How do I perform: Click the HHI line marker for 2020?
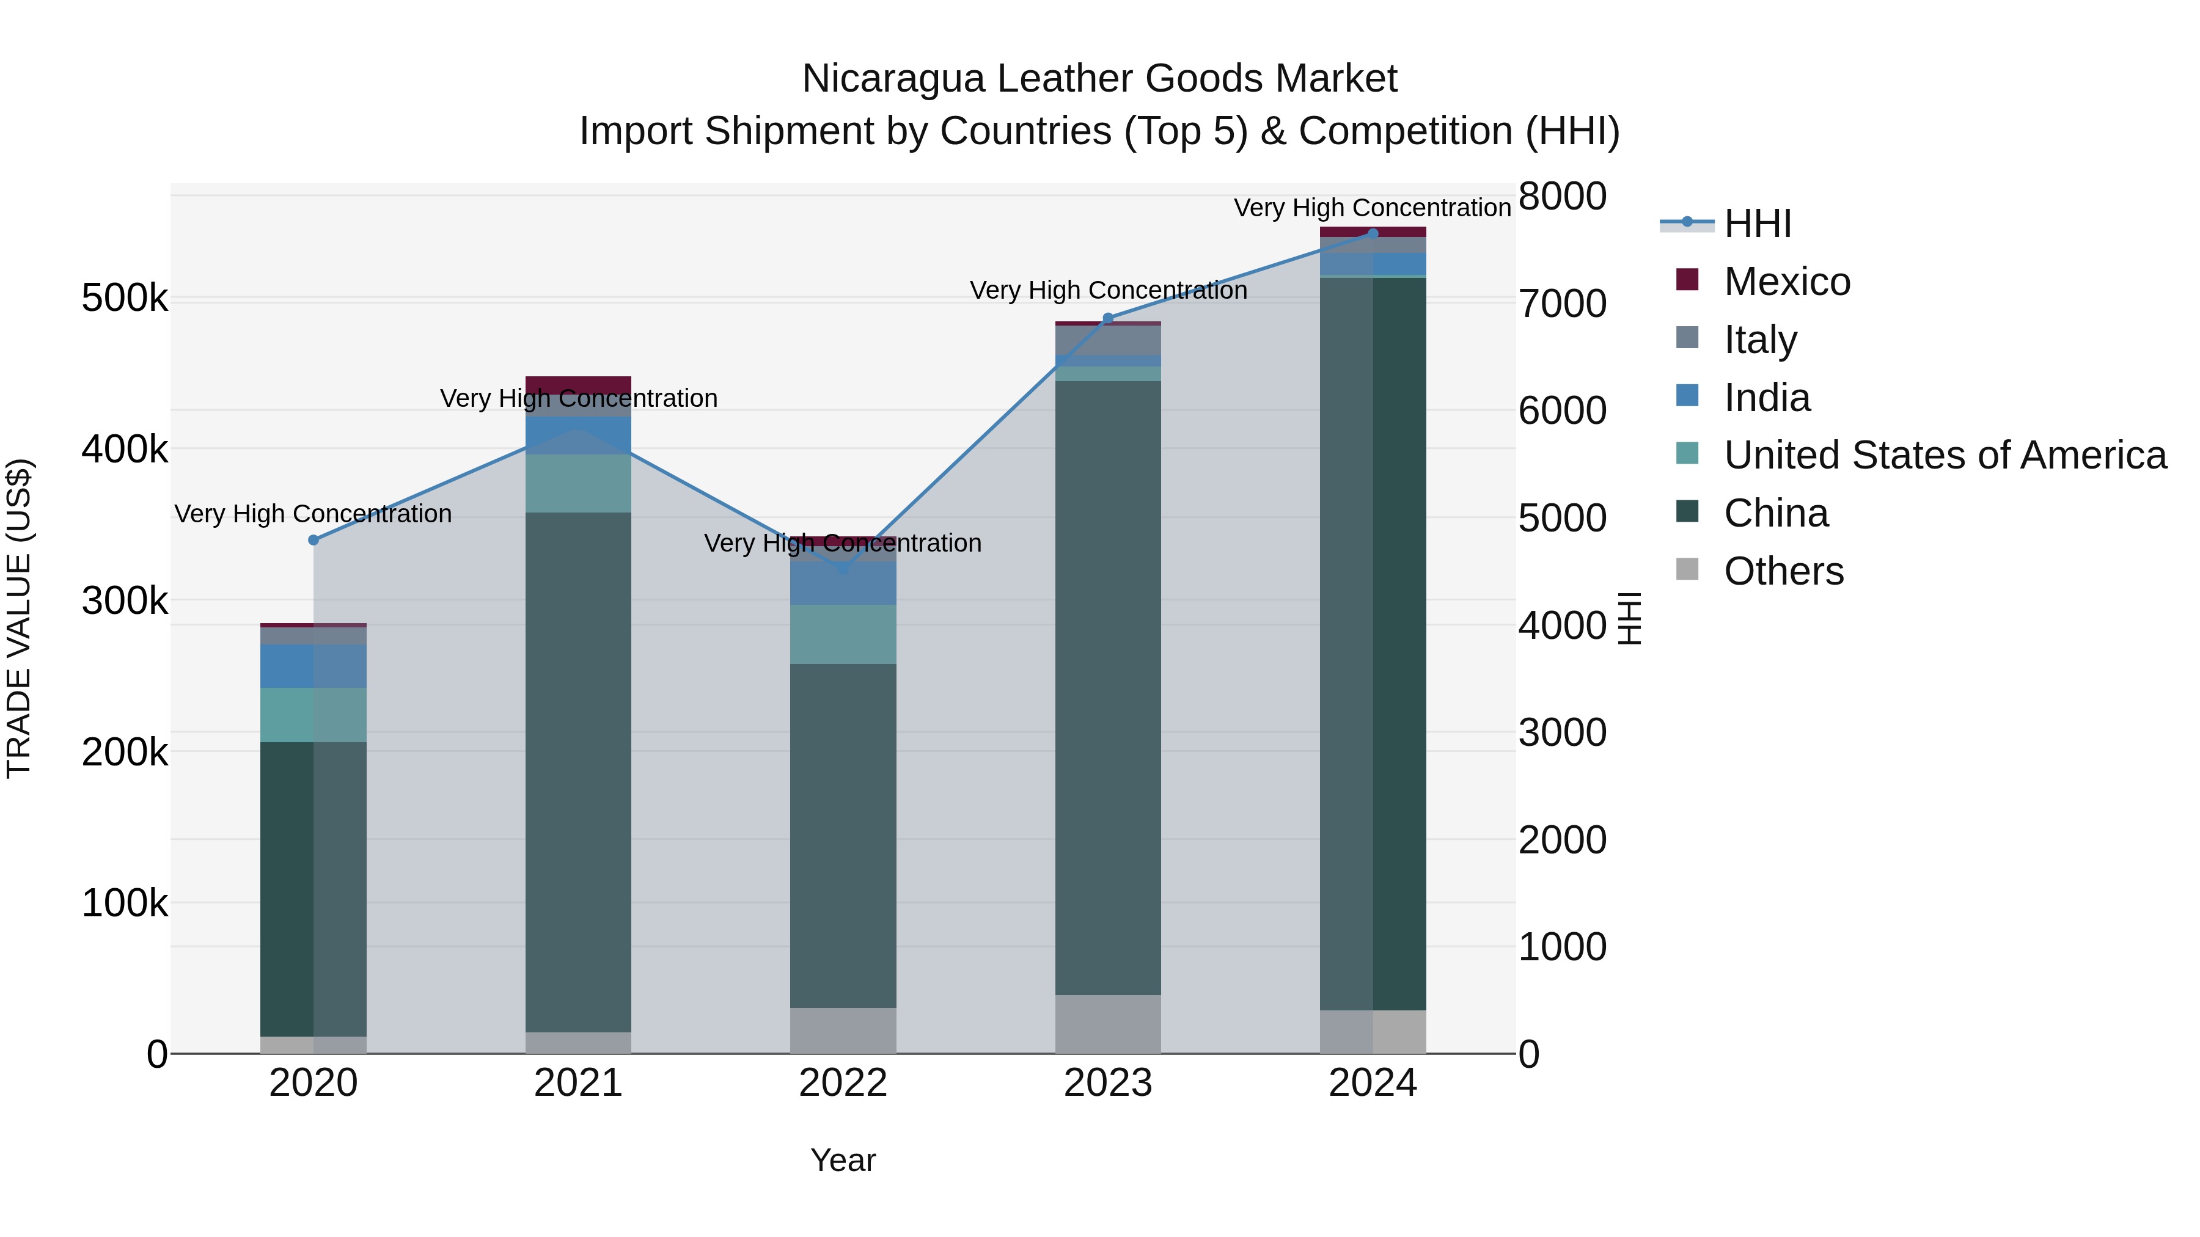(x=313, y=539)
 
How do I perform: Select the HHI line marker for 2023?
(x=1108, y=318)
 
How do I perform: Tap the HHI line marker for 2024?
(x=1373, y=233)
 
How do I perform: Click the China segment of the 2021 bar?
(x=578, y=768)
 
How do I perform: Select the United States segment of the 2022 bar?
(x=843, y=633)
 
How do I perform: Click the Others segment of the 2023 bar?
(x=1108, y=1024)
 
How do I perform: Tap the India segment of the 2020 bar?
(x=313, y=666)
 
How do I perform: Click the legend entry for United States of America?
(x=1944, y=455)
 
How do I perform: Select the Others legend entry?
(x=1783, y=571)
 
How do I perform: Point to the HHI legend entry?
(x=1757, y=224)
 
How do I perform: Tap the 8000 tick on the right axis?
(x=1562, y=195)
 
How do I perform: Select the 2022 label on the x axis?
(x=843, y=1083)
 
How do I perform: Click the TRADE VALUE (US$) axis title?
(x=19, y=618)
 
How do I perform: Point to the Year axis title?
(x=843, y=1160)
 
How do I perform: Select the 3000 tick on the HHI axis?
(x=1562, y=732)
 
